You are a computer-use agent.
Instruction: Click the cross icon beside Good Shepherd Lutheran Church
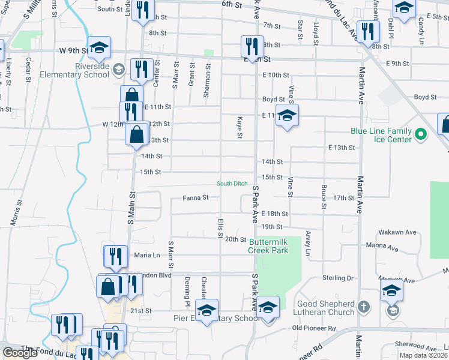click(363, 307)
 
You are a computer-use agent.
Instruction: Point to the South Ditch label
click(232, 184)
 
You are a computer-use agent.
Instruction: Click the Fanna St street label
click(196, 197)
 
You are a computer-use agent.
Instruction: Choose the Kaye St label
click(240, 127)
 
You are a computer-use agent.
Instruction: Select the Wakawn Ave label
click(397, 232)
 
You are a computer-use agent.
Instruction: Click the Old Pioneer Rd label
click(313, 328)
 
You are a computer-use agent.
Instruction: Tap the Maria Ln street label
click(148, 255)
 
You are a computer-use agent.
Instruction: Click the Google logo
click(20, 353)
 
